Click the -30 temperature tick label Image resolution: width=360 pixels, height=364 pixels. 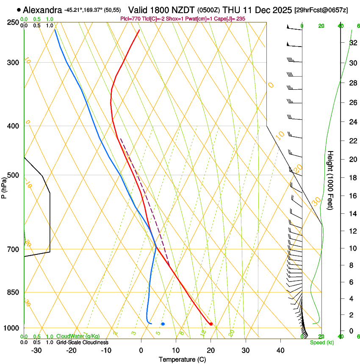[x=36, y=350]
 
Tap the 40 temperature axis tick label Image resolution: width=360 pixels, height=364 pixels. [x=280, y=350]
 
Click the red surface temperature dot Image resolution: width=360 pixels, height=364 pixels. [x=211, y=324]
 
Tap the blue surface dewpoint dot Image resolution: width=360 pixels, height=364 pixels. [x=163, y=324]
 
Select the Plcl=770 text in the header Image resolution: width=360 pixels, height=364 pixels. [x=130, y=19]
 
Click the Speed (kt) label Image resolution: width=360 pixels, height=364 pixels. [x=322, y=342]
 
